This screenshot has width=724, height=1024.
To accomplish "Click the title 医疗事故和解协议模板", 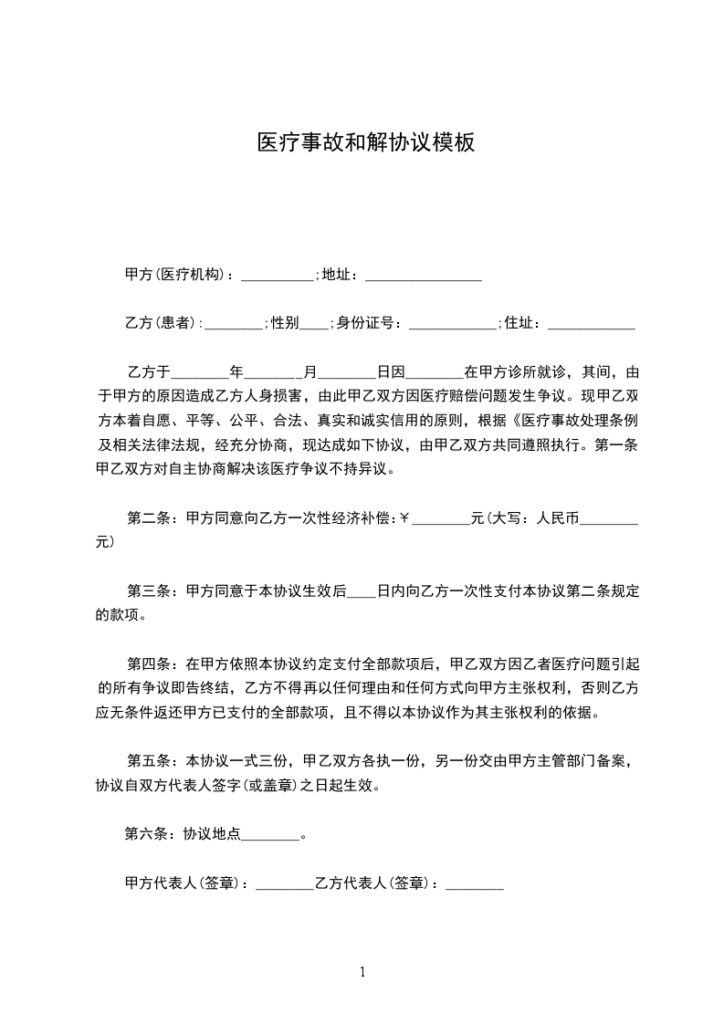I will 365,143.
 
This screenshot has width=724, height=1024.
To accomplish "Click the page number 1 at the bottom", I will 362,972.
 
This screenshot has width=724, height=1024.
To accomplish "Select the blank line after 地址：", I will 423,275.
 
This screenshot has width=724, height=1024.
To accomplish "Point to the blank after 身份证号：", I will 453,323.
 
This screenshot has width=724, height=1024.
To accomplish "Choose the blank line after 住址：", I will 591,323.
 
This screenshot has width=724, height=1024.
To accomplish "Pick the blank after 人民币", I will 609,518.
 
